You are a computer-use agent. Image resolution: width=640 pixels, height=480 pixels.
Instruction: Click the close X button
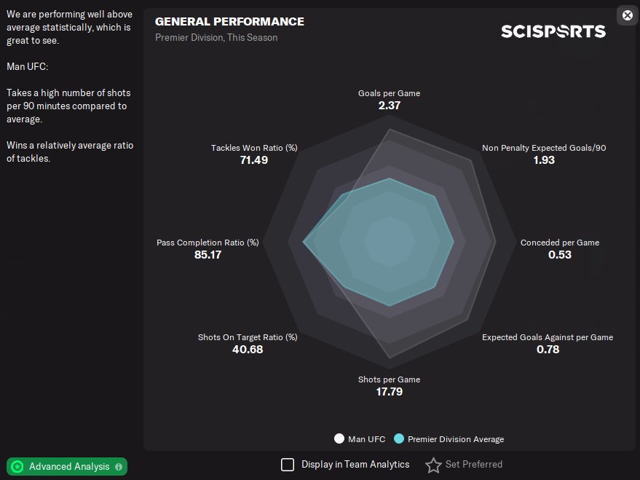(x=627, y=15)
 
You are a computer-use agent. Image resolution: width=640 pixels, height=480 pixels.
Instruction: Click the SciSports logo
(x=553, y=31)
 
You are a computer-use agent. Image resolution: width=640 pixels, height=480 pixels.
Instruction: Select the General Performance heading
(x=229, y=22)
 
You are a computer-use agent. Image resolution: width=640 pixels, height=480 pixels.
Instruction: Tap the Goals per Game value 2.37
(x=389, y=106)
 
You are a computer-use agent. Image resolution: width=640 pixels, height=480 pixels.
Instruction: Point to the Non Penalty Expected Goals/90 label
(x=543, y=148)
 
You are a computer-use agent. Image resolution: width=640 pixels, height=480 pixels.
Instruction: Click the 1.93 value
(x=543, y=160)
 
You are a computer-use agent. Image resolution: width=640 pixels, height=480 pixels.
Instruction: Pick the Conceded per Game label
(x=559, y=243)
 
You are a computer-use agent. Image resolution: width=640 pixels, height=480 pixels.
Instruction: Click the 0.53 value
(x=559, y=255)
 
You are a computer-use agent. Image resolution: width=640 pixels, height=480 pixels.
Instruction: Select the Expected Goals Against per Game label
(x=547, y=337)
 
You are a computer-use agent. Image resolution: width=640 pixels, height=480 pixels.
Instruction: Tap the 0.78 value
(x=548, y=350)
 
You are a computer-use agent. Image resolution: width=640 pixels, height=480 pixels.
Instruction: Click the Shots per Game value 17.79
(x=389, y=392)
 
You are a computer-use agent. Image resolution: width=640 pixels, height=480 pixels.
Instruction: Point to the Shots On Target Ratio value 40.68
(x=247, y=350)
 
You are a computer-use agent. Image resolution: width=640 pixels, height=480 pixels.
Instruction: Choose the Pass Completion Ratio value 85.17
(x=208, y=255)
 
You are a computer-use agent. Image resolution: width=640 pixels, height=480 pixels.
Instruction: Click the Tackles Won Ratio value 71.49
(x=253, y=160)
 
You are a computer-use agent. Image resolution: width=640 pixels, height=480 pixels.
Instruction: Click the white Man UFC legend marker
(x=339, y=439)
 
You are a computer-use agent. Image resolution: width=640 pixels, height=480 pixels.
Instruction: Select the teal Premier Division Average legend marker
(x=398, y=439)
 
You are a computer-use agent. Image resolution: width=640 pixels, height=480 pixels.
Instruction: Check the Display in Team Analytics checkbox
(x=288, y=465)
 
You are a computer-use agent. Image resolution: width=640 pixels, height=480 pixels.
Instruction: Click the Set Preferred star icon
(x=433, y=465)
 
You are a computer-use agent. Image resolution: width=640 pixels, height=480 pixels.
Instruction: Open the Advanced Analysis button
(x=67, y=466)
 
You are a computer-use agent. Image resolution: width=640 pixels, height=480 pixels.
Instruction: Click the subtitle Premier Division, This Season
(x=216, y=38)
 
